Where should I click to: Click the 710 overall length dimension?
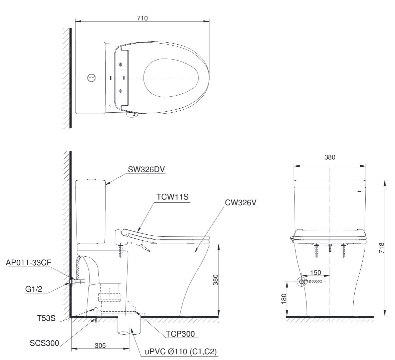(x=142, y=18)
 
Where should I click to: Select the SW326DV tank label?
(x=146, y=169)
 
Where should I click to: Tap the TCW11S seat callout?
(x=172, y=197)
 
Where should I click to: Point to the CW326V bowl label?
(x=241, y=203)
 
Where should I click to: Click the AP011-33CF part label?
(x=28, y=263)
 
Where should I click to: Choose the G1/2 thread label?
(x=33, y=289)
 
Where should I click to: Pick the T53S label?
(x=46, y=318)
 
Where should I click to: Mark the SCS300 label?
(x=44, y=343)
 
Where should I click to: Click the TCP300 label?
(x=180, y=334)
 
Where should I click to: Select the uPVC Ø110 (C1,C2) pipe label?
(x=181, y=352)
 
